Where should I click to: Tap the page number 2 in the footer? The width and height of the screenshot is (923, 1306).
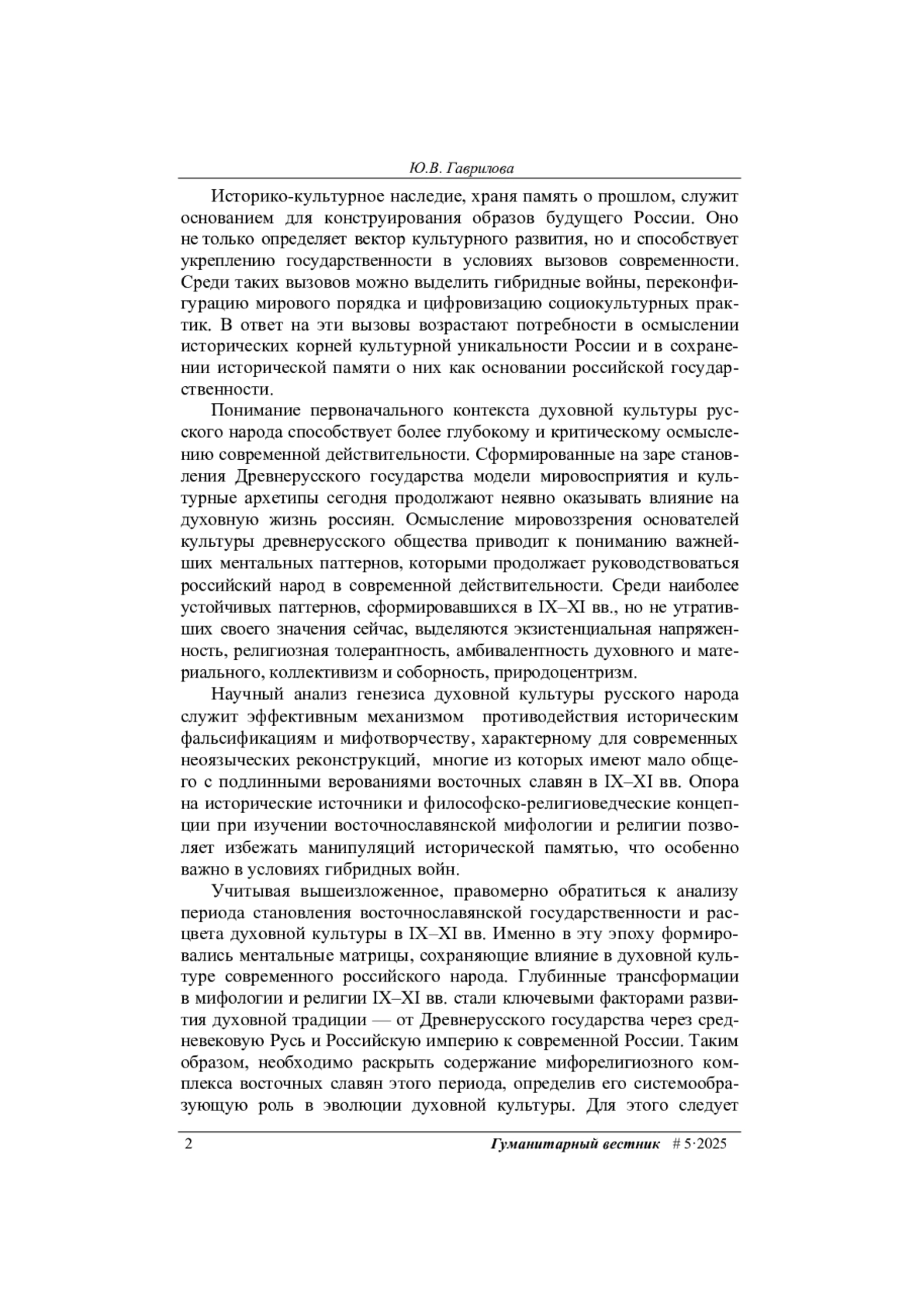(187, 1144)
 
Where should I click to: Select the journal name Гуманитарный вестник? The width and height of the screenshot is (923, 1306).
(575, 1144)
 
